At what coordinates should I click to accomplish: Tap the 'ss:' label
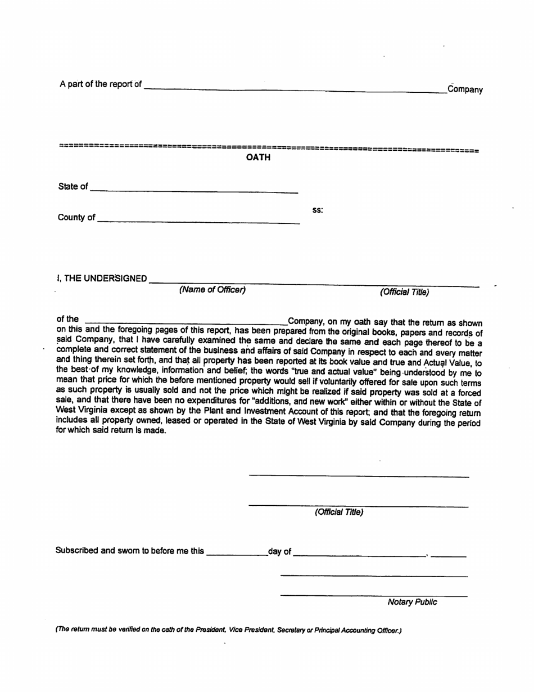click(x=317, y=210)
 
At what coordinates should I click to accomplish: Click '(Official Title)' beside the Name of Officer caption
click(x=404, y=292)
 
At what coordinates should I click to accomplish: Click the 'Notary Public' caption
click(x=412, y=602)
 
